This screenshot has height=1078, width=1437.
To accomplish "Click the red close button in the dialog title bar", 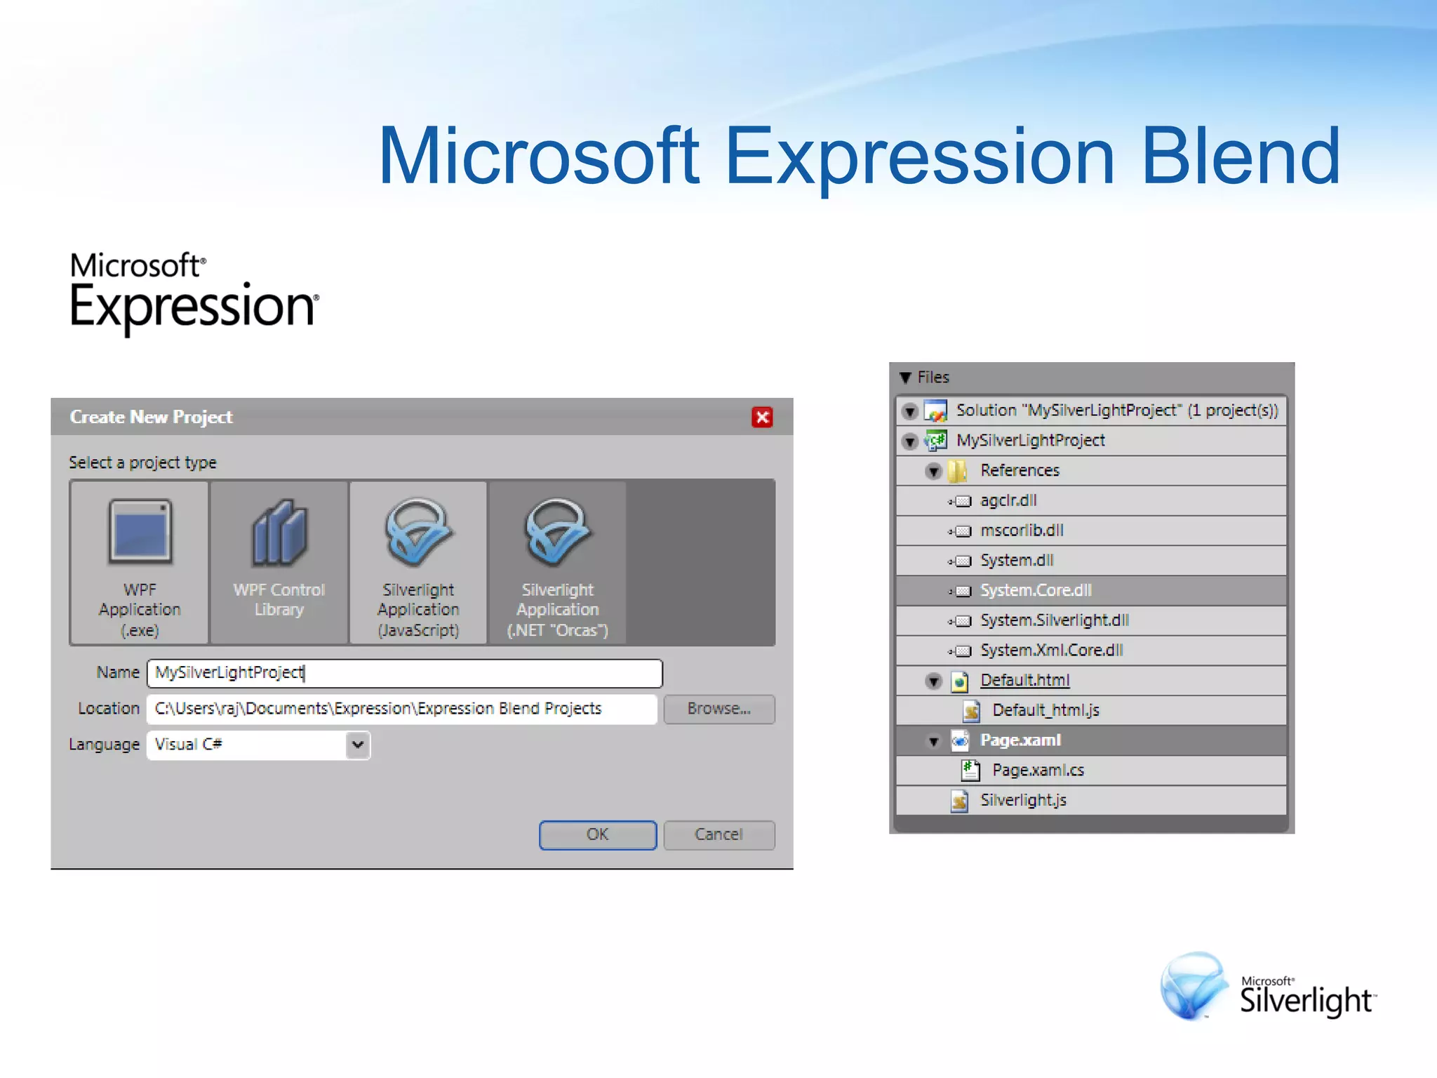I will point(762,418).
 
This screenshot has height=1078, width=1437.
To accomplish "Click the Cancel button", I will point(718,834).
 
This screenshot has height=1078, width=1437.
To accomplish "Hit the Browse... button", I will point(718,709).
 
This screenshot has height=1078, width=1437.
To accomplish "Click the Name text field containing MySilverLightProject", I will point(404,673).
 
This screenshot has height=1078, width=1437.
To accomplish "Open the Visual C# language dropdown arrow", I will point(358,745).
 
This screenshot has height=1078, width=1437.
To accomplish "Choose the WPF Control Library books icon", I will point(279,533).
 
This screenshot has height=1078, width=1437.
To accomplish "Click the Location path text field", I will point(401,709).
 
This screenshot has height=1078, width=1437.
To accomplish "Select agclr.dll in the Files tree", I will point(1008,500).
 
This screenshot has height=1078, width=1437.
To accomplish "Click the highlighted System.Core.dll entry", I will point(1036,590).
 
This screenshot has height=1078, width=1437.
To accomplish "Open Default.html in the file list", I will point(1024,680).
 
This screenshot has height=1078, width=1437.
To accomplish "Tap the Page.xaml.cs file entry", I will point(1038,770).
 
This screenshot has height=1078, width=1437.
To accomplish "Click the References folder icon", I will point(957,471).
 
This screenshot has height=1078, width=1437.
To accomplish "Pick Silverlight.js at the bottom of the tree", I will point(1023,800).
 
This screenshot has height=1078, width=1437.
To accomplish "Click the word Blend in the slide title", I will point(1241,156).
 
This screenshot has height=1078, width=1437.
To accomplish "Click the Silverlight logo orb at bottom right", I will point(1193,985).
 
